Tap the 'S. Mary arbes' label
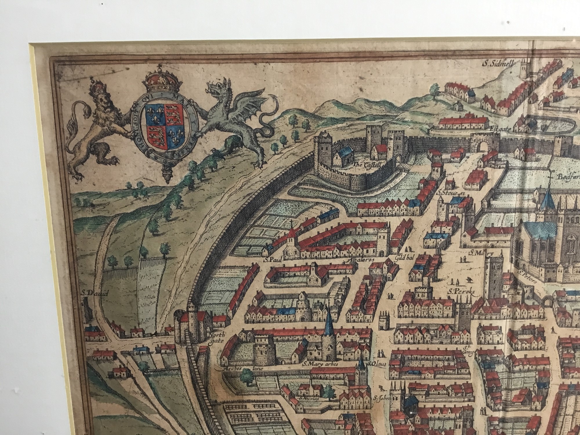[x=320, y=364]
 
